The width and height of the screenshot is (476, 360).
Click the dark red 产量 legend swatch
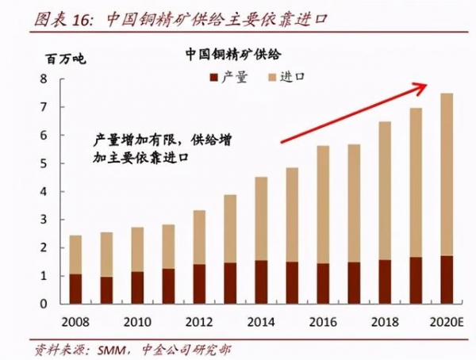(213, 77)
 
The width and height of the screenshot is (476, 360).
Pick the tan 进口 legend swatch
(275, 77)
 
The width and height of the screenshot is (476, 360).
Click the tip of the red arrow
(429, 84)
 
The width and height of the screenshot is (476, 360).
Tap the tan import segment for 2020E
(447, 174)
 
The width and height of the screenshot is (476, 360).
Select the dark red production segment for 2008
(75, 289)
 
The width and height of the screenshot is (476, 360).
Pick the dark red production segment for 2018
(385, 282)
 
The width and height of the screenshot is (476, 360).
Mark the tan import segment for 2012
(198, 237)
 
